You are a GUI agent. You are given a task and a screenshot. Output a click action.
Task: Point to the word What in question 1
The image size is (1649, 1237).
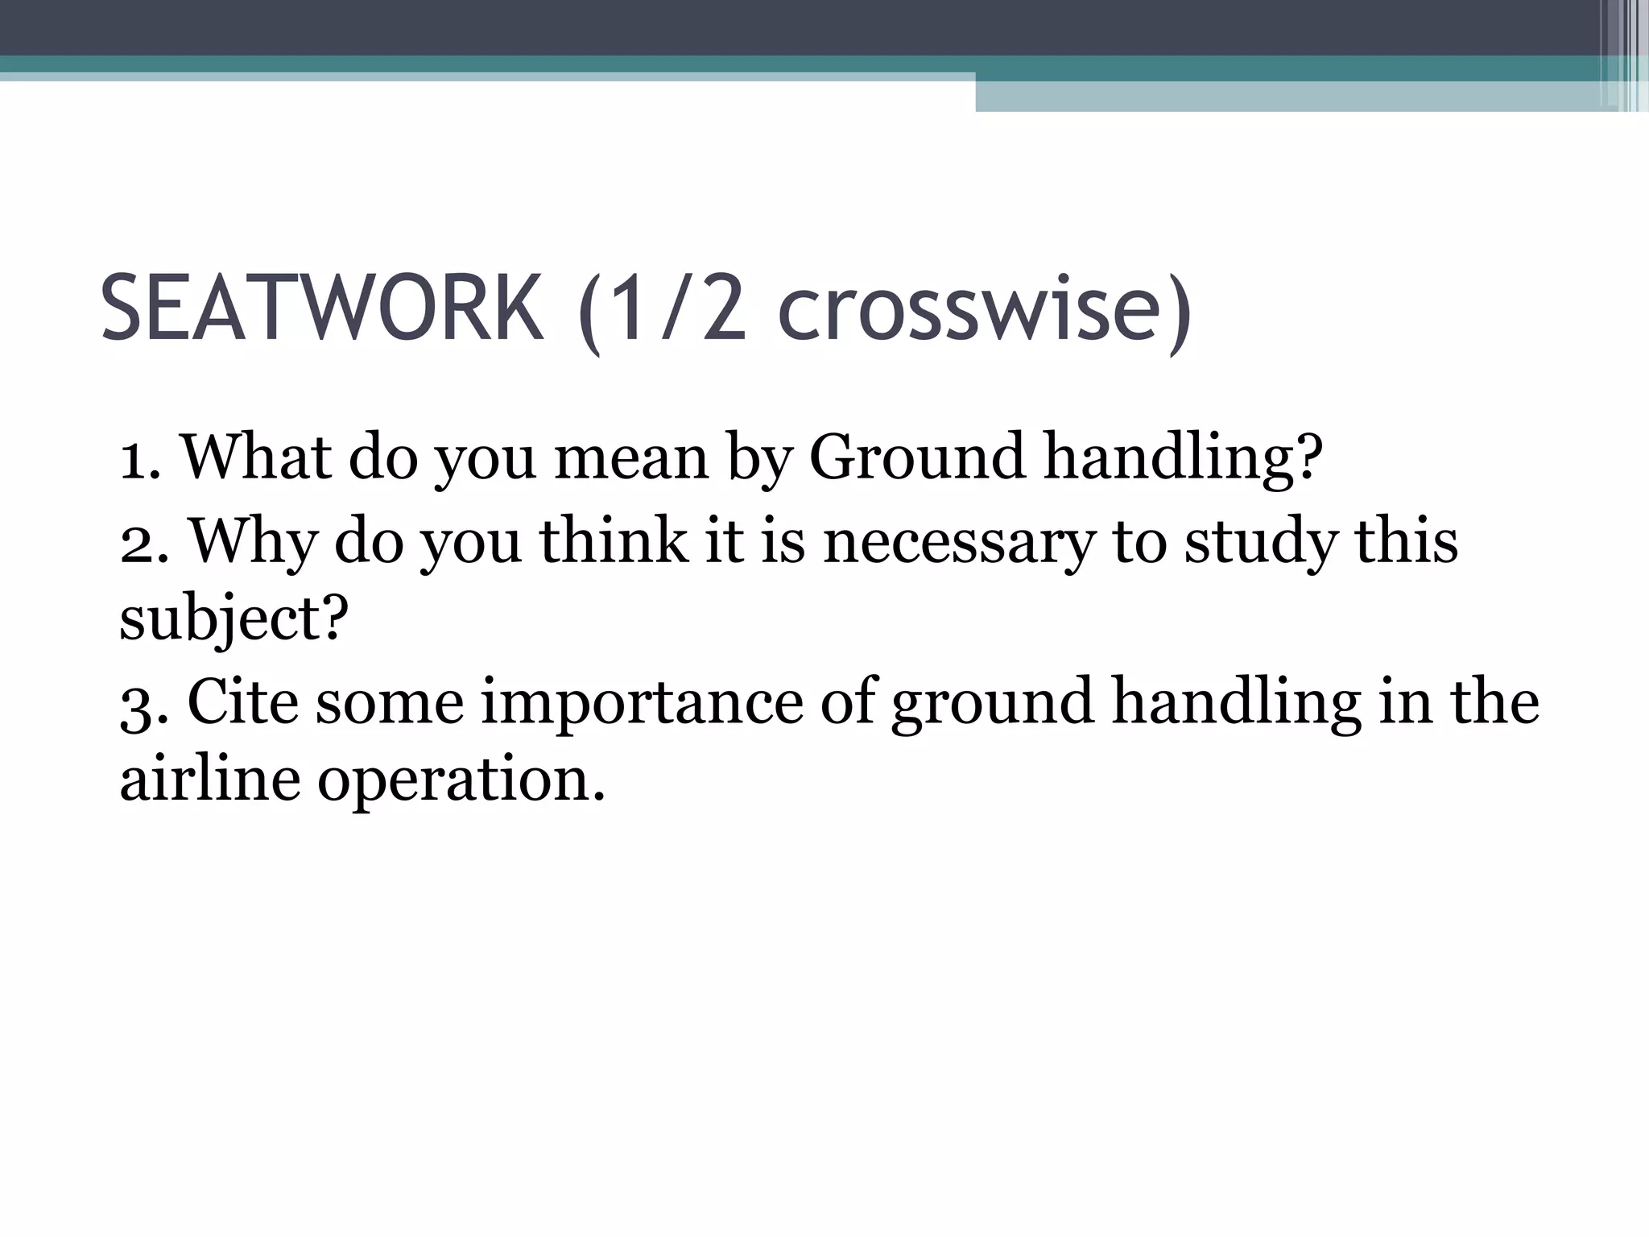(256, 457)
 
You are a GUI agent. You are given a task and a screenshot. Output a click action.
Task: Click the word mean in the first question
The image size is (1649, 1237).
(631, 457)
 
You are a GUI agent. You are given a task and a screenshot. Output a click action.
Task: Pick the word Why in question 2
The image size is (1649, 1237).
(253, 541)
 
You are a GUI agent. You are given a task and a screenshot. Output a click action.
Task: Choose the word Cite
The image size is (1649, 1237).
(242, 702)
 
